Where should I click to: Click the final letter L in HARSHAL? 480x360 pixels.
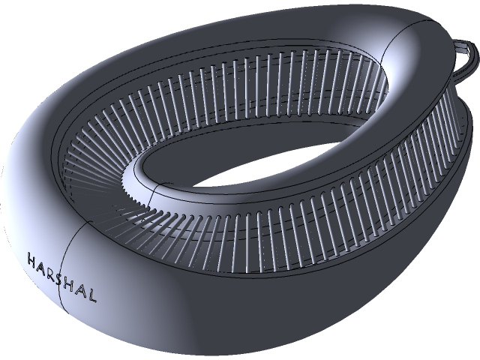pos(92,295)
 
